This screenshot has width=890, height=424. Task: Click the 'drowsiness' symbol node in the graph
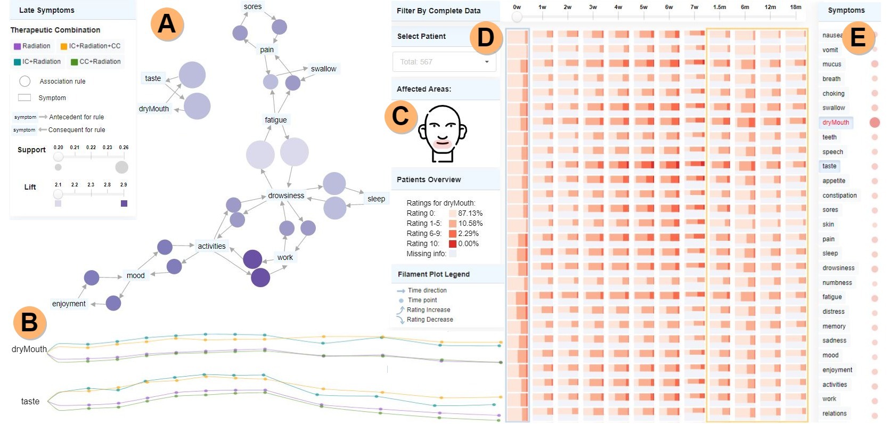point(286,195)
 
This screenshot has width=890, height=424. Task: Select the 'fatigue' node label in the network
point(276,120)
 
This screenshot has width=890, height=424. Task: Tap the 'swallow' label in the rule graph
point(323,69)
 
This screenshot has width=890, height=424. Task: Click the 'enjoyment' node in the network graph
point(69,304)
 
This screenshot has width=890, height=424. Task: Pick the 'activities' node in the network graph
point(211,246)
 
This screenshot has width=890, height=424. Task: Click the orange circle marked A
point(167,24)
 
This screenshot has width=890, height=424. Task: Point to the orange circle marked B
point(30,322)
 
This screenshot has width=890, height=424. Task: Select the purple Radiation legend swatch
point(18,46)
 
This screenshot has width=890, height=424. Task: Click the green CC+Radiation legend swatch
point(75,62)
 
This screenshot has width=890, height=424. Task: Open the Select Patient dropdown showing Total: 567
point(444,62)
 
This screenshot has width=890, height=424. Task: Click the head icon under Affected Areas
point(442,133)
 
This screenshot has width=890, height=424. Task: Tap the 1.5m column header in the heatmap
point(720,7)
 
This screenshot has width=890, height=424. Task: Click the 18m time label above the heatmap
point(796,7)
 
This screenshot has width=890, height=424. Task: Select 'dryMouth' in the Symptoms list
point(836,123)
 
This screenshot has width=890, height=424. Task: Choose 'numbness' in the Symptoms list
point(837,283)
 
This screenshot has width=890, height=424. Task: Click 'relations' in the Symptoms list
point(834,413)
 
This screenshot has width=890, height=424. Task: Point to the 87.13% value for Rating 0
point(470,213)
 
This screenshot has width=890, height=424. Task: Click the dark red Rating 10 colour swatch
point(453,244)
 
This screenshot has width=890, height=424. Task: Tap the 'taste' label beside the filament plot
point(30,401)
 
